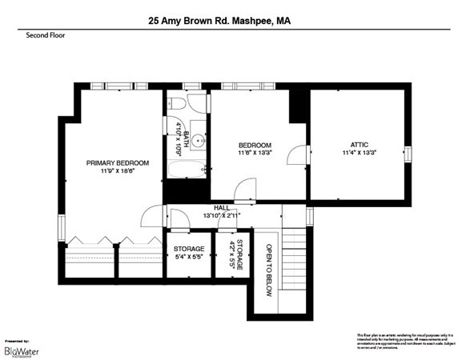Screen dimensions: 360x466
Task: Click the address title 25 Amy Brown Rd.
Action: (219, 22)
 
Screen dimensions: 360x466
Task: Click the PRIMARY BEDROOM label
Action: (118, 162)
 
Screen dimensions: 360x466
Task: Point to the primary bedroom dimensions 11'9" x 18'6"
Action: (118, 171)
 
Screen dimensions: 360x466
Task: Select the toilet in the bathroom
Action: (177, 104)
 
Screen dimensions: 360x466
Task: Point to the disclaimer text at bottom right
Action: (405, 340)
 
